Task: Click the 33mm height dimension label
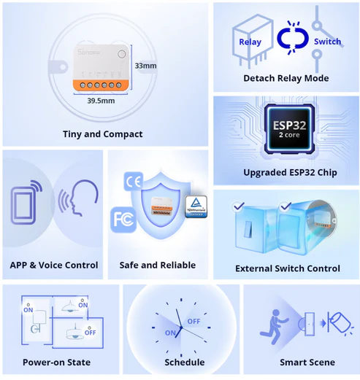click(145, 66)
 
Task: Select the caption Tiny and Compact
click(102, 134)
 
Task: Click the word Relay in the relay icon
click(250, 42)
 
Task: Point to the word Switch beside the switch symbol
click(326, 42)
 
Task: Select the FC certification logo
click(122, 218)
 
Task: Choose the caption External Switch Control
click(287, 268)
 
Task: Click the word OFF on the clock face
click(194, 321)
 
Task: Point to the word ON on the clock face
click(169, 333)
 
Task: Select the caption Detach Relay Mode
click(286, 78)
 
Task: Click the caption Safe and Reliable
click(158, 265)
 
